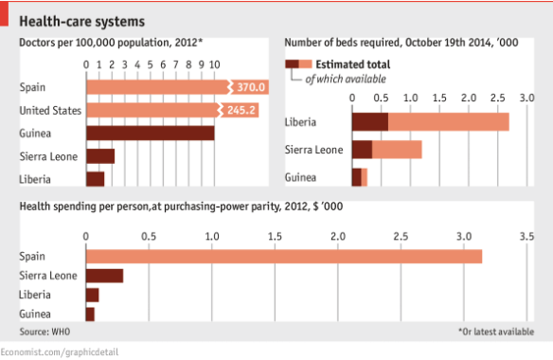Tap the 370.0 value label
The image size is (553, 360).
(x=252, y=87)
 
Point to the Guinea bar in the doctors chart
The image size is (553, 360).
(x=150, y=133)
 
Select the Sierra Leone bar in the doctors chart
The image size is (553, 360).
(x=99, y=155)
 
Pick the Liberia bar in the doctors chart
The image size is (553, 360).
(x=95, y=178)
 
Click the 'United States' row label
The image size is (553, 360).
(x=48, y=110)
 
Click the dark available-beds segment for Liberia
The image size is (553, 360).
(x=369, y=121)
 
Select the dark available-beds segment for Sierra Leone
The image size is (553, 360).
(x=361, y=150)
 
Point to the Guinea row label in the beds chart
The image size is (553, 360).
(x=300, y=177)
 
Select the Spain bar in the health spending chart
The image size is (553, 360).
(x=284, y=256)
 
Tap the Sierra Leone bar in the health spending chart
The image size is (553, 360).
(x=104, y=276)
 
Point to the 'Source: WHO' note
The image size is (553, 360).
(x=46, y=332)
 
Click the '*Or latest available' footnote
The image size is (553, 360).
(x=495, y=332)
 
